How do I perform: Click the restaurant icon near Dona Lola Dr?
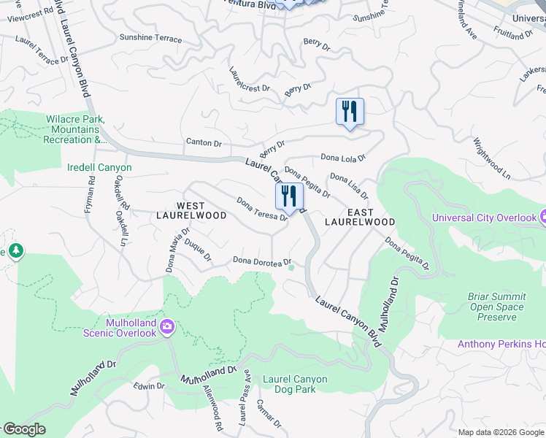click(x=350, y=112)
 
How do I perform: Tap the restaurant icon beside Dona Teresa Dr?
click(x=289, y=196)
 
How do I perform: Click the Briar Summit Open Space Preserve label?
click(x=496, y=307)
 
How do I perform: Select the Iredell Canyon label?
click(x=99, y=168)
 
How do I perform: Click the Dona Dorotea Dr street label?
click(x=262, y=261)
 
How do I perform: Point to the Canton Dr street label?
click(x=204, y=142)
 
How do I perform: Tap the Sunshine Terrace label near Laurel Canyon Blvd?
click(x=150, y=39)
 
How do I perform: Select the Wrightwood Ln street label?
click(x=491, y=158)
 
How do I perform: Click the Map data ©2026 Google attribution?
click(x=501, y=432)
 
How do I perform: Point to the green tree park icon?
click(x=15, y=251)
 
